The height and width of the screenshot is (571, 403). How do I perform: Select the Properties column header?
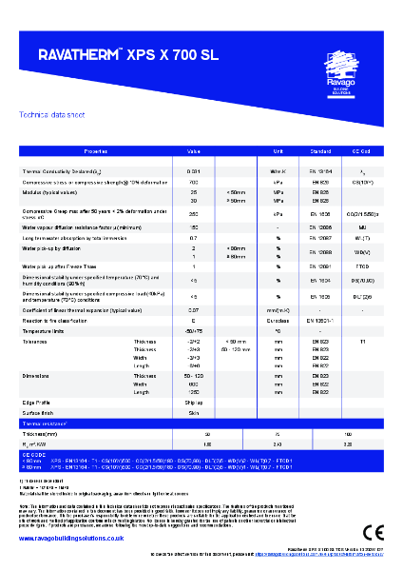pyautogui.click(x=96, y=151)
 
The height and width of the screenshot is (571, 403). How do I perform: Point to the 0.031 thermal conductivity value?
pyautogui.click(x=194, y=170)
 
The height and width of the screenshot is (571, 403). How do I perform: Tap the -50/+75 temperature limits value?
pyautogui.click(x=194, y=330)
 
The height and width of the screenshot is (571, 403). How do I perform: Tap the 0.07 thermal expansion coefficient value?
pyautogui.click(x=194, y=309)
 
